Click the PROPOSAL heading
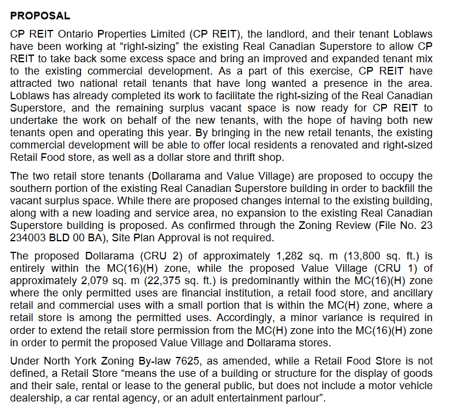[41, 16]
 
